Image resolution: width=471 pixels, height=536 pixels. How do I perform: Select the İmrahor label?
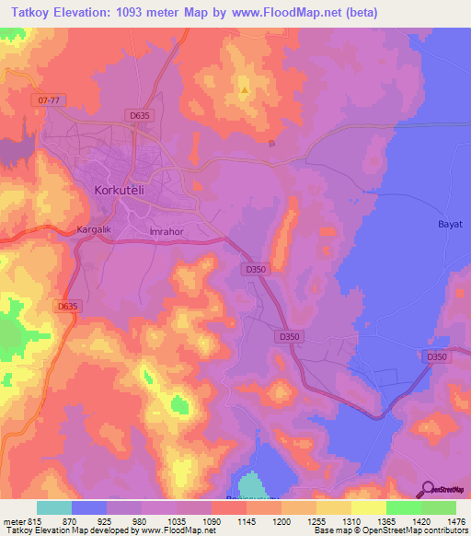tap(167, 232)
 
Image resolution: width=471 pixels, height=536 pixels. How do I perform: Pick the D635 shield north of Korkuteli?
tap(140, 115)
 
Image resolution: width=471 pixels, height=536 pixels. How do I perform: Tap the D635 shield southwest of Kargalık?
tap(67, 307)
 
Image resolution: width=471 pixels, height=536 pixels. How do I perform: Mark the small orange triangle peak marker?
tap(244, 90)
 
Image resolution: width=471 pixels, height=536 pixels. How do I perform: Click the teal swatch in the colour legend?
tap(53, 507)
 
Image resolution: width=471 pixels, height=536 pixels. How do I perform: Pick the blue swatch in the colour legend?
tap(89, 507)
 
